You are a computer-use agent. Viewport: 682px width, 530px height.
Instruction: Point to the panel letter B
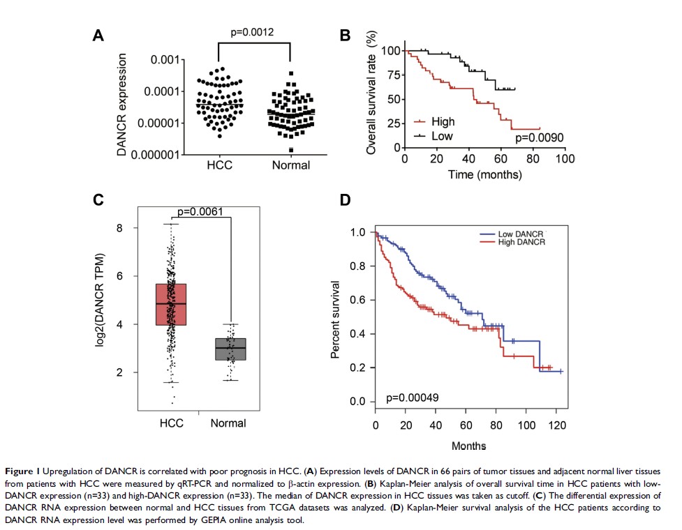(x=344, y=36)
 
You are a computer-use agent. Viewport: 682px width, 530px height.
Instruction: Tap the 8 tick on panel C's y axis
(x=119, y=228)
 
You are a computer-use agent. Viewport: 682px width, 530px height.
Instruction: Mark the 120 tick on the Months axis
(x=555, y=425)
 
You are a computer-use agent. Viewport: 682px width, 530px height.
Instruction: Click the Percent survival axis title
(x=335, y=319)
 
